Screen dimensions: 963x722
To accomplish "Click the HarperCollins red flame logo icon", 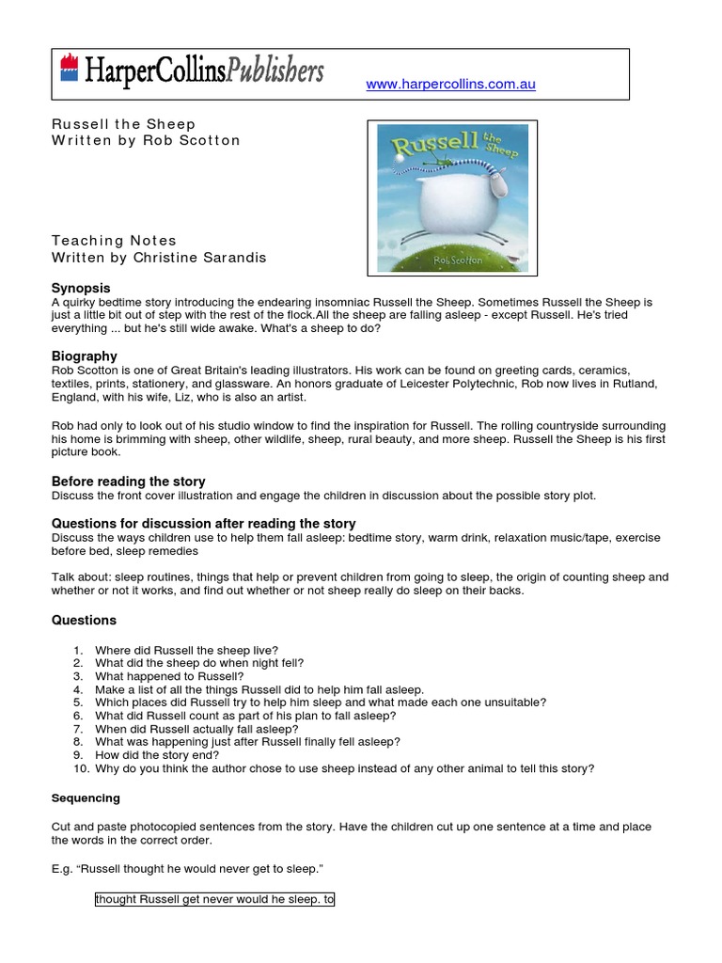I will tap(68, 68).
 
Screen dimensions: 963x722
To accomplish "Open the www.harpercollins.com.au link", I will tap(450, 85).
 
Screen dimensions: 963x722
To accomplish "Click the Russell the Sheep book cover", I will tap(451, 197).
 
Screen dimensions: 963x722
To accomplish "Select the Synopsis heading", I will tap(81, 288).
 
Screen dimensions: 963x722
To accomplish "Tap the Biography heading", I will tap(85, 356).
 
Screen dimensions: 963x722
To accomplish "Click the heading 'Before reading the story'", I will tap(128, 481).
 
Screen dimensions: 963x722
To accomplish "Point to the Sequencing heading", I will tap(86, 798).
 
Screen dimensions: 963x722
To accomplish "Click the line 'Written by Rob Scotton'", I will tap(146, 140).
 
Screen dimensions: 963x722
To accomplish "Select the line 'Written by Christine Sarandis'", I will tap(159, 257).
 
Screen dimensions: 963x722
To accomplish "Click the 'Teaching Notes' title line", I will tap(114, 241).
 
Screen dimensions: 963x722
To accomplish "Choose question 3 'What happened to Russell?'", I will tap(169, 676).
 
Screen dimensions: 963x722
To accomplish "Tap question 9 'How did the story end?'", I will tap(157, 755).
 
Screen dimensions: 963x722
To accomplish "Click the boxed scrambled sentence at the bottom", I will tap(214, 899).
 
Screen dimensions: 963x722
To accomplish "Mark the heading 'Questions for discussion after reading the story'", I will tap(204, 523).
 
